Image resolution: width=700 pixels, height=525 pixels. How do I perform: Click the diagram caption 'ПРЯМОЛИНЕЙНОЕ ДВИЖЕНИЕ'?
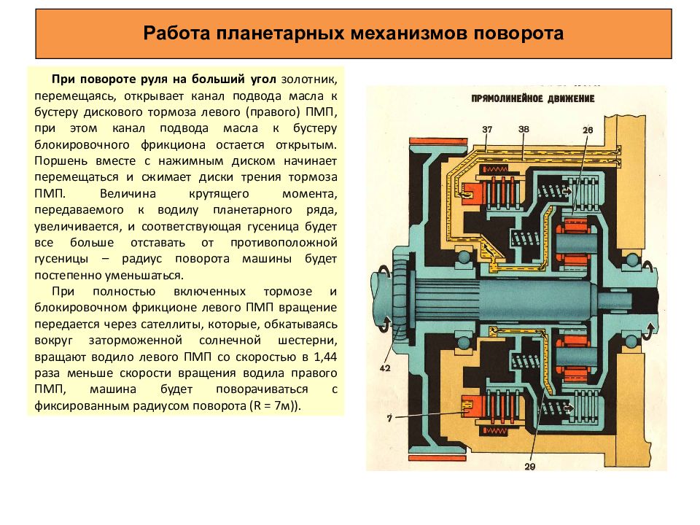pyautogui.click(x=532, y=98)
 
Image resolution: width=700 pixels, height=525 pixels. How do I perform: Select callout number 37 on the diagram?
pyautogui.click(x=487, y=129)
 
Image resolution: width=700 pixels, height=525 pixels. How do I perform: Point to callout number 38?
pyautogui.click(x=524, y=129)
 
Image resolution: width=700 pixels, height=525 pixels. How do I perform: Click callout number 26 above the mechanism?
pyautogui.click(x=588, y=130)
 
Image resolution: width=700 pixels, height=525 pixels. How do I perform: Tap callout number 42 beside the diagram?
pyautogui.click(x=385, y=368)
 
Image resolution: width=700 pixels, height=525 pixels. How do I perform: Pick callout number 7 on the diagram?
pyautogui.click(x=389, y=419)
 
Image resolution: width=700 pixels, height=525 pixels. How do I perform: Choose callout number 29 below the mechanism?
pyautogui.click(x=530, y=467)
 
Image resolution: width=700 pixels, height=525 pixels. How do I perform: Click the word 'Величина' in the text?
pyautogui.click(x=128, y=193)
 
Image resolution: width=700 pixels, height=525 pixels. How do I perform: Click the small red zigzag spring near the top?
pyautogui.click(x=495, y=169)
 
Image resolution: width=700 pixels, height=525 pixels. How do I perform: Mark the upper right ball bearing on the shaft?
pyautogui.click(x=631, y=260)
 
